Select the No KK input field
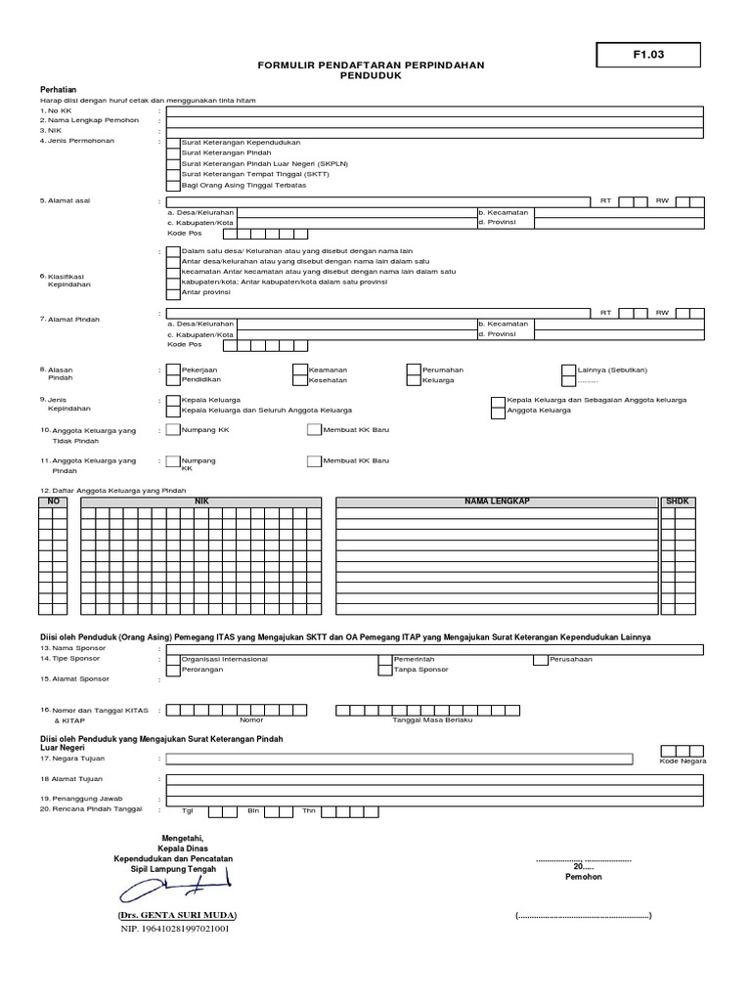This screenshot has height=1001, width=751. [434, 110]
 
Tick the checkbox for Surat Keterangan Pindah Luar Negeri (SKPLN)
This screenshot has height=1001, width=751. [173, 162]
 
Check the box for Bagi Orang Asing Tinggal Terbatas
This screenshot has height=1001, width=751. [173, 184]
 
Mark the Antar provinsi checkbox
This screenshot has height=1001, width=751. [173, 292]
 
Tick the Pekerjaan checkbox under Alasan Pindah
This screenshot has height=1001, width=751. [173, 370]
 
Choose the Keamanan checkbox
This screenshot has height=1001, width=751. [299, 370]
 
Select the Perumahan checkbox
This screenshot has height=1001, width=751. [414, 370]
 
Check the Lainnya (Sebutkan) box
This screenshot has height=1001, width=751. [569, 370]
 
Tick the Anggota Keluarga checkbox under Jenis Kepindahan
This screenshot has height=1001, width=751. [498, 411]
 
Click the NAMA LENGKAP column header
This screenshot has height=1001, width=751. [497, 500]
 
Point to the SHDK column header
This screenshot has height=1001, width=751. [677, 500]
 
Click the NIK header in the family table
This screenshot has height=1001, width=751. [201, 500]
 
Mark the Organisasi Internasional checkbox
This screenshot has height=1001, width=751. [173, 659]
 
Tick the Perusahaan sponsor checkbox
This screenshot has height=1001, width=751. [540, 659]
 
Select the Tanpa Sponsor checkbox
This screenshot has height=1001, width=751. [385, 669]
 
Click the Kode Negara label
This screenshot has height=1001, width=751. [683, 760]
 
